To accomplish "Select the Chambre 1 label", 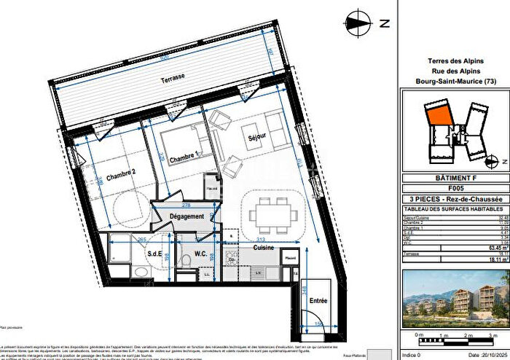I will (184, 157).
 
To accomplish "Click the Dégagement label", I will (186, 216).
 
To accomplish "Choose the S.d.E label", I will (154, 254).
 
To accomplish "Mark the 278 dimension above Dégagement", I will (186, 206).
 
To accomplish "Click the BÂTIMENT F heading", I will (453, 178).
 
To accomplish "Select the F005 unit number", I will (453, 187).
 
